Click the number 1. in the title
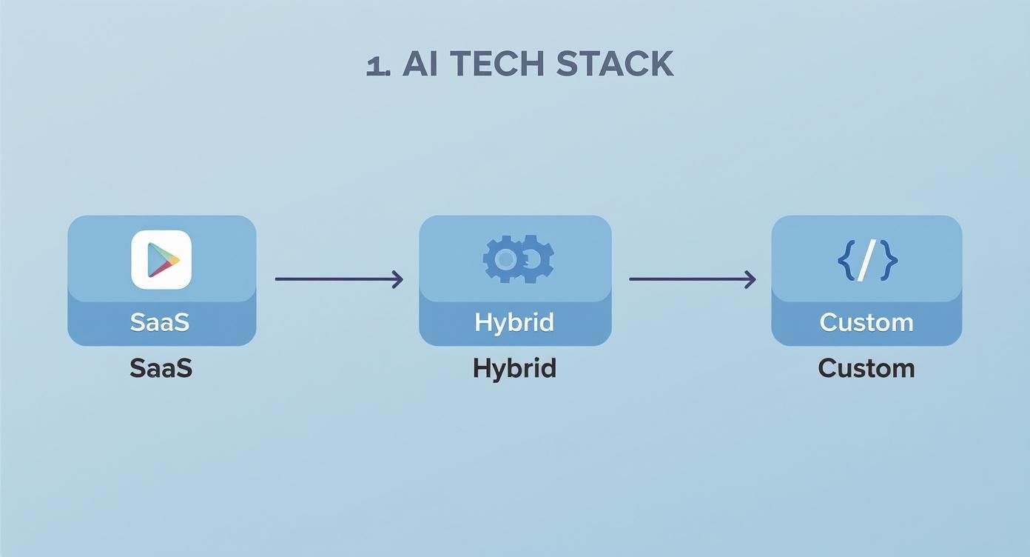click(379, 65)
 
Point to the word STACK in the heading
click(615, 65)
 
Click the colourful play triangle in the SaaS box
click(162, 259)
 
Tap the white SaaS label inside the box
click(160, 322)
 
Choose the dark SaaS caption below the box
click(161, 368)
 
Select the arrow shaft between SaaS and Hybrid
click(333, 279)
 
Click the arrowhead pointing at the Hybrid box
click(398, 279)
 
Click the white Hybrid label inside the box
click(514, 322)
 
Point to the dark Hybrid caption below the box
click(514, 368)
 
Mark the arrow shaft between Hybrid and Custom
click(687, 279)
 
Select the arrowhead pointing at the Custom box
click(750, 279)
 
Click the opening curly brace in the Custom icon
click(845, 260)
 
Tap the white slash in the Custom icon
click(866, 260)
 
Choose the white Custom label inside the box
click(866, 322)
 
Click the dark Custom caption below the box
click(866, 368)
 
